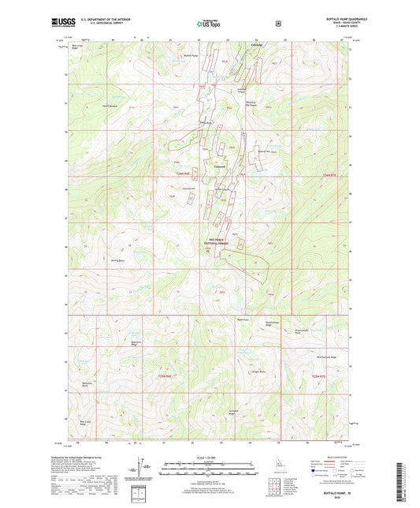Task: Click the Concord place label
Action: click(221, 166)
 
